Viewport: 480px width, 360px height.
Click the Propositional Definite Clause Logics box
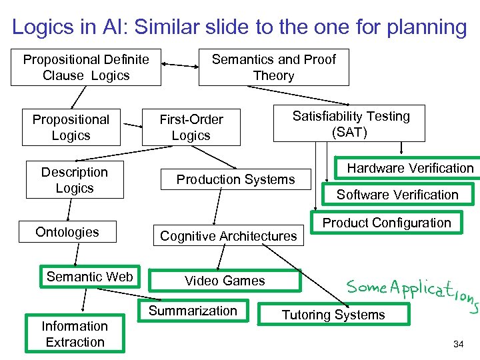pyautogui.click(x=86, y=67)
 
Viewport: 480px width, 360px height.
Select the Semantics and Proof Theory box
pyautogui.click(x=273, y=67)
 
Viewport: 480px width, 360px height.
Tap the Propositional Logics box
pyautogui.click(x=71, y=127)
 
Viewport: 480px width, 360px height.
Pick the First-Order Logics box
pyautogui.click(x=191, y=127)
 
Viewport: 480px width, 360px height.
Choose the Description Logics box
pyautogui.click(x=74, y=180)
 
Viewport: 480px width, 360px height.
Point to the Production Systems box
pyautogui.click(x=235, y=179)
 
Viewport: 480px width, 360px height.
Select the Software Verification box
pyautogui.click(x=397, y=195)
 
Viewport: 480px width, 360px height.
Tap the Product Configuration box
pyautogui.click(x=387, y=223)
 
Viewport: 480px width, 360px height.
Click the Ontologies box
pyautogui.click(x=67, y=232)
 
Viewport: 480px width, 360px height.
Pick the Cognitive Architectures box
pyautogui.click(x=228, y=236)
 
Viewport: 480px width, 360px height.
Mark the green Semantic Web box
pyautogui.click(x=89, y=277)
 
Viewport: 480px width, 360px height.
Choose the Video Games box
pyautogui.click(x=225, y=281)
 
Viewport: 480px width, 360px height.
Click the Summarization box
pyautogui.click(x=193, y=311)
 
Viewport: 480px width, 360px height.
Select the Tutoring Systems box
pyautogui.click(x=333, y=315)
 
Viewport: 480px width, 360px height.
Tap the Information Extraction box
pyautogui.click(x=75, y=334)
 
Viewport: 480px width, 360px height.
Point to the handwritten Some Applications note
pyautogui.click(x=410, y=291)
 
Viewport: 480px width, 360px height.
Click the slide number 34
pyautogui.click(x=458, y=345)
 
